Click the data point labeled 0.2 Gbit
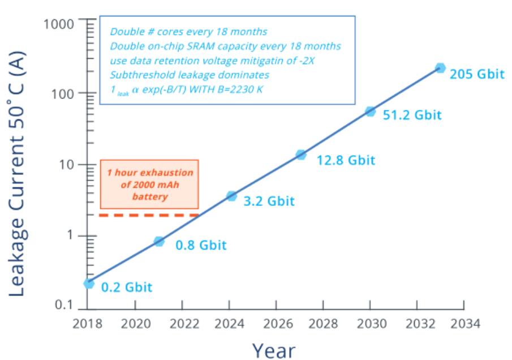click(x=89, y=283)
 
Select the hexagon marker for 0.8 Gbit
click(x=159, y=241)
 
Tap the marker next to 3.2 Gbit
click(x=231, y=196)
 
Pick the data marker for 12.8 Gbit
click(x=301, y=155)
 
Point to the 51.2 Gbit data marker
click(x=371, y=111)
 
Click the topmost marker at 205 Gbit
click(x=440, y=68)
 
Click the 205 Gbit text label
click(x=476, y=74)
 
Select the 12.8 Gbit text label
click(x=346, y=160)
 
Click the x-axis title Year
click(x=273, y=349)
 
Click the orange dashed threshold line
click(x=149, y=215)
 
